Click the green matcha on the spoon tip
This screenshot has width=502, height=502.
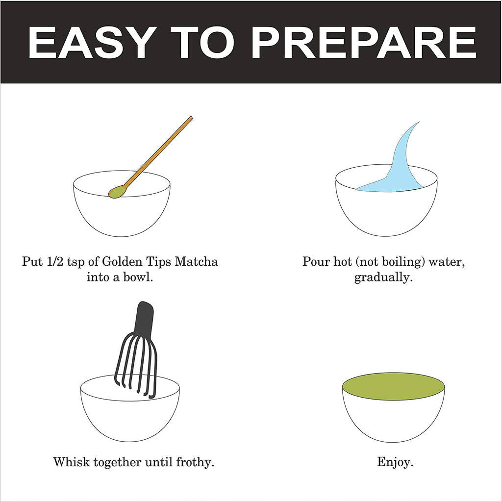(118, 192)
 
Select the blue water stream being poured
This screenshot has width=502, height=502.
(400, 167)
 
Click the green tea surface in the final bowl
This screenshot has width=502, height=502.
(393, 386)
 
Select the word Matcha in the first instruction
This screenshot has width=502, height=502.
(197, 262)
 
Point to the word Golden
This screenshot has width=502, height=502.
(122, 262)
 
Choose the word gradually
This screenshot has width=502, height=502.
(383, 277)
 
